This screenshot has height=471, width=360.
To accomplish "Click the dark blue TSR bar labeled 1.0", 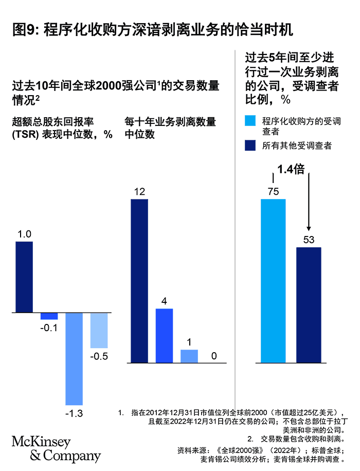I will coord(24,277).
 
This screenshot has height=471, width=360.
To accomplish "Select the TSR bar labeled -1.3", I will coord(74,358).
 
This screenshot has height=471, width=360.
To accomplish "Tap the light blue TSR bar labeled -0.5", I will coord(99,330).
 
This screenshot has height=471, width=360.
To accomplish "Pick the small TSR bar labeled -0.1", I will coord(49,316).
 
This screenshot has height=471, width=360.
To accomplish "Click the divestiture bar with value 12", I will coord(139,281).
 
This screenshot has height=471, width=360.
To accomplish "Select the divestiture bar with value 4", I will coord(164,336).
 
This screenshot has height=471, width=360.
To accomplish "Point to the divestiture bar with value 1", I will coord(189,356).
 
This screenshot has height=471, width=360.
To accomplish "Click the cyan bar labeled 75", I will coord(273,281).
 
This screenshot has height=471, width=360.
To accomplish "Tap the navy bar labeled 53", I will coord(309,305).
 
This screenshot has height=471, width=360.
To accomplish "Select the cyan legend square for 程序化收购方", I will coord(250,121).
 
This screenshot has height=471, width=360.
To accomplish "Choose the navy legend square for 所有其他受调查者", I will coord(250,146).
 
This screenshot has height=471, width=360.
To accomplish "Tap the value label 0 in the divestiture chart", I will coord(214,356).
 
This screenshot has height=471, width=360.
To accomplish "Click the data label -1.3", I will coord(74,412).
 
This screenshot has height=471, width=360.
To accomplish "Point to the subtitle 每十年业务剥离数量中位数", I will coord(170,128).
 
